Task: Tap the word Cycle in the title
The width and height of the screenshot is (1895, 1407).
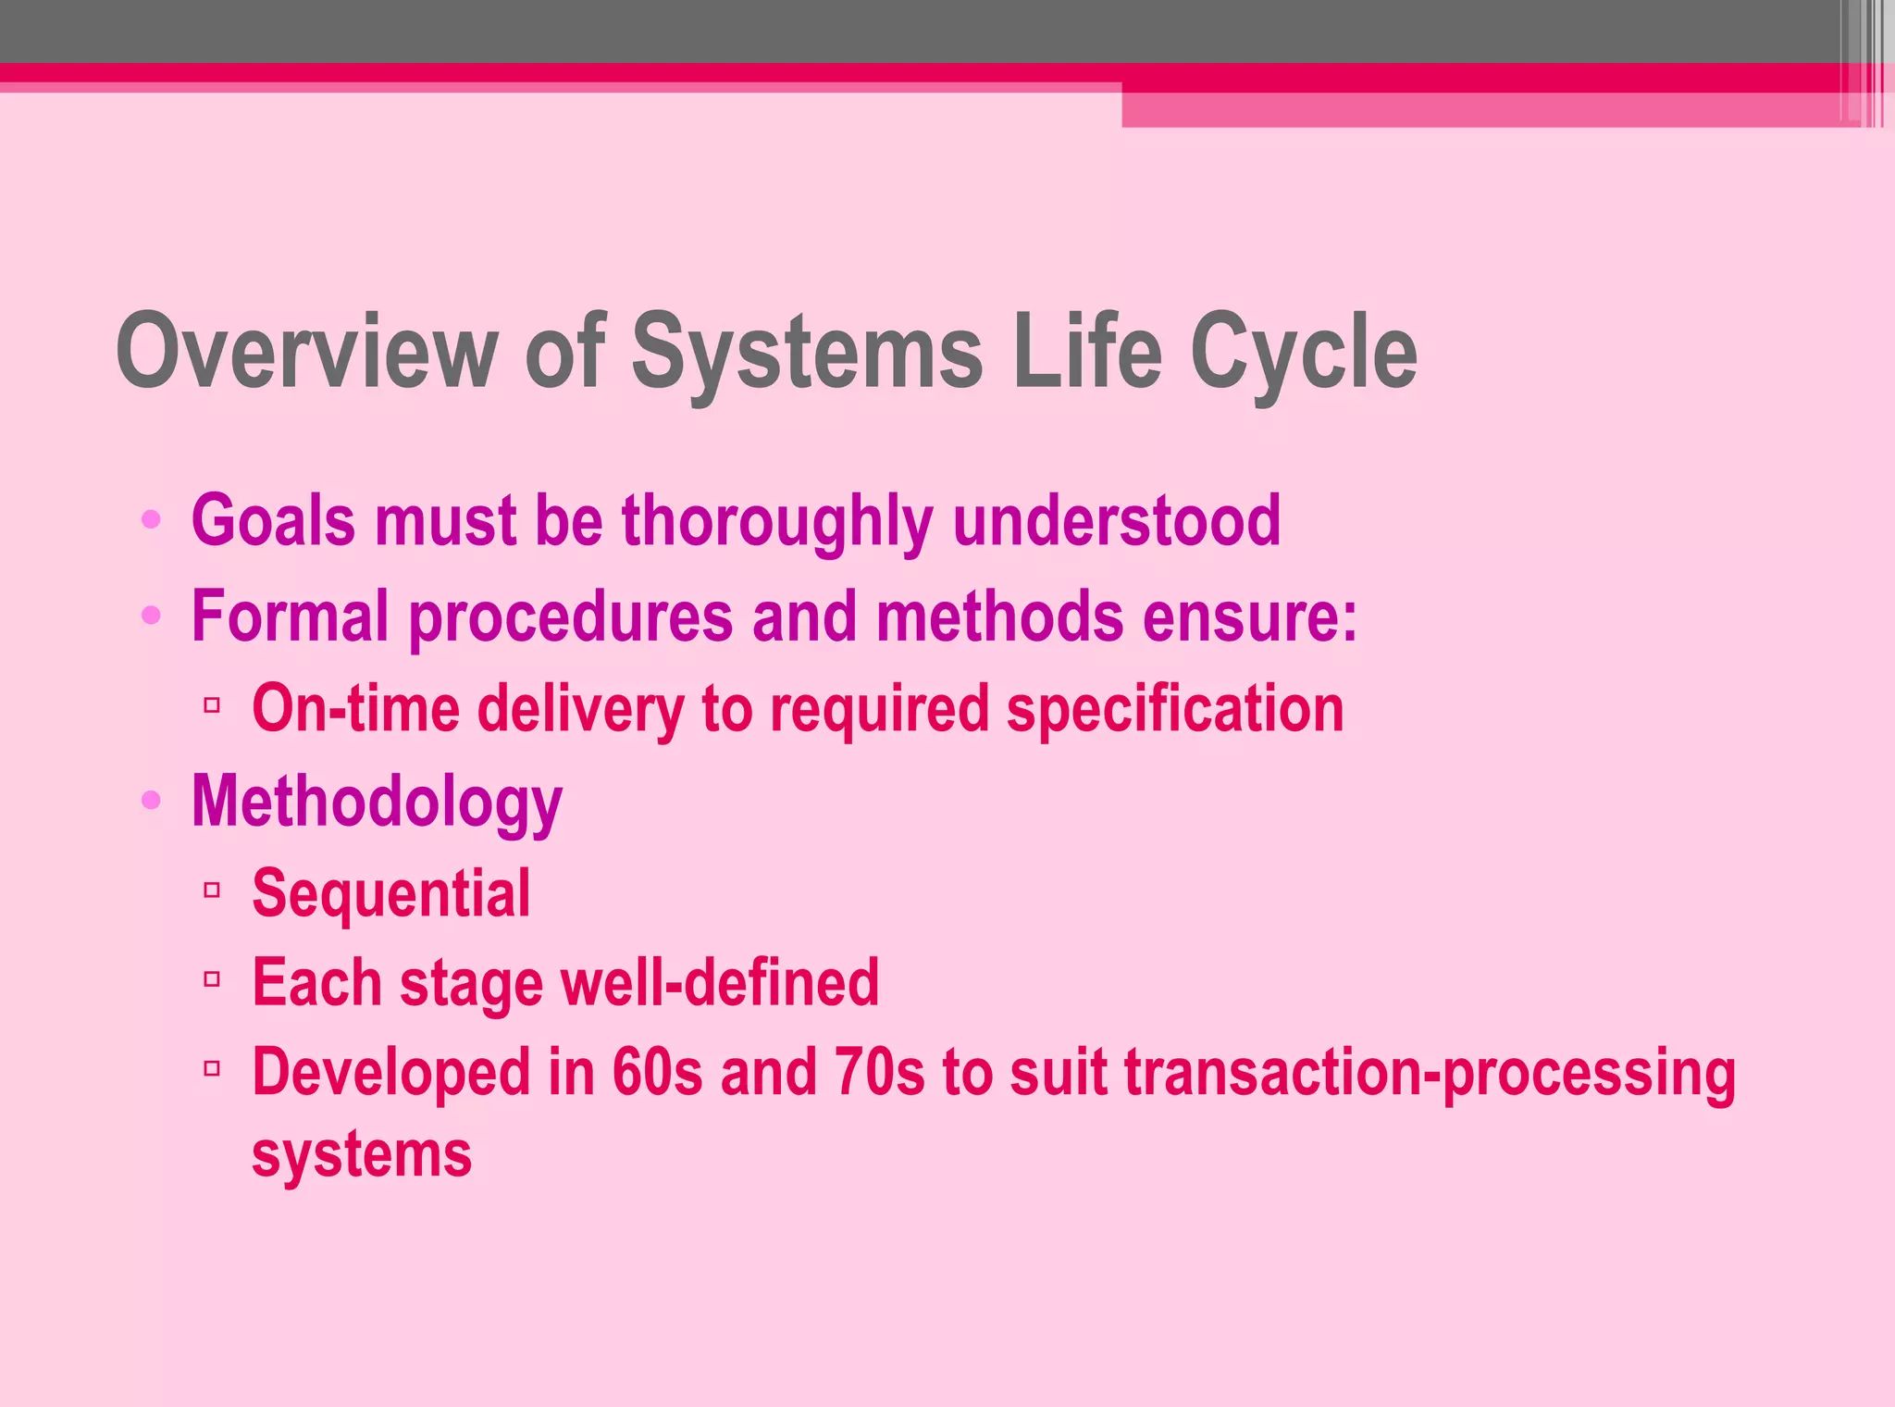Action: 1304,352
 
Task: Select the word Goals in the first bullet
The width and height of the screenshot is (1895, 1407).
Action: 273,520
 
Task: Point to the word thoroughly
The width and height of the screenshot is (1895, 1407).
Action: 776,520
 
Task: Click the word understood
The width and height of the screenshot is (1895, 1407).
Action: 1116,520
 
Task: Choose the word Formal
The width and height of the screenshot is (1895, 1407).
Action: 290,616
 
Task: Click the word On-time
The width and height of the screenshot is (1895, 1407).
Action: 355,708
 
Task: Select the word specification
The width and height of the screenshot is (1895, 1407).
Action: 1174,708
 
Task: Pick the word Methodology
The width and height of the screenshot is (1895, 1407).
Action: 377,802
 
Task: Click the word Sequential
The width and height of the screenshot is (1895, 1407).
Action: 391,893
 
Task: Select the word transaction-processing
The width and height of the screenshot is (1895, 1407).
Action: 1430,1072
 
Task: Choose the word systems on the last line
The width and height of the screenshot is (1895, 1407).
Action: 362,1154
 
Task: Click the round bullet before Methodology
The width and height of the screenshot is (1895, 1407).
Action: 151,799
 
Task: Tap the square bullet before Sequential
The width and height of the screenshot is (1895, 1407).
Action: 212,890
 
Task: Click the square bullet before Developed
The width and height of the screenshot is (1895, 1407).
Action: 212,1069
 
